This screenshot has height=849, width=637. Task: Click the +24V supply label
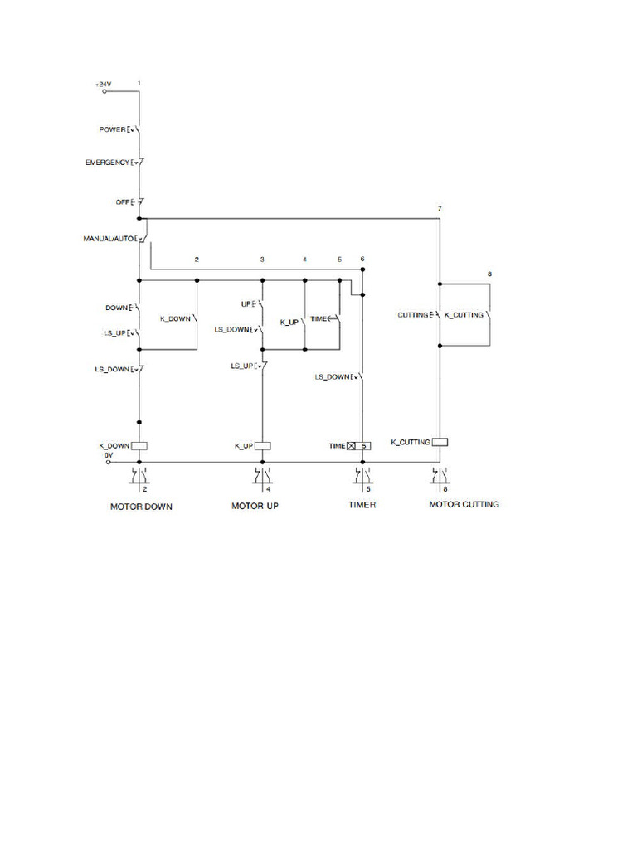pyautogui.click(x=102, y=85)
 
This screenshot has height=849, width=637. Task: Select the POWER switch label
pyautogui.click(x=112, y=130)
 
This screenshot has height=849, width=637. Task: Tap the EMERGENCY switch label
pyautogui.click(x=108, y=163)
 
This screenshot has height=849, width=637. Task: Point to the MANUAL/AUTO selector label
pyautogui.click(x=109, y=239)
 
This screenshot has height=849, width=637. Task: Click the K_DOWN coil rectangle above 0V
pyautogui.click(x=139, y=445)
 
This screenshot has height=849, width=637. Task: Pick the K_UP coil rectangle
pyautogui.click(x=262, y=446)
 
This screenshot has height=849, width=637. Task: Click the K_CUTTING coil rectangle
pyautogui.click(x=440, y=442)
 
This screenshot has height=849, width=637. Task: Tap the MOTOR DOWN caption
pyautogui.click(x=142, y=507)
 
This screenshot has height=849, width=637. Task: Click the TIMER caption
pyautogui.click(x=362, y=505)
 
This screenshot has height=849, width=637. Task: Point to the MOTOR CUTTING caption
pyautogui.click(x=464, y=504)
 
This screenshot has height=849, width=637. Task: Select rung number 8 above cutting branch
pyautogui.click(x=489, y=274)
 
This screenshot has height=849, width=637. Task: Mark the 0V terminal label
pyautogui.click(x=109, y=454)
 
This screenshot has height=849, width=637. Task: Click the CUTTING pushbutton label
pyautogui.click(x=414, y=315)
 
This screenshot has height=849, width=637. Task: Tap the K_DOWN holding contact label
pyautogui.click(x=175, y=318)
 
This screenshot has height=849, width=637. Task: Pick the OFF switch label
pyautogui.click(x=123, y=202)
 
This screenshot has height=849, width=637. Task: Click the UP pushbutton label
pyautogui.click(x=246, y=304)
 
